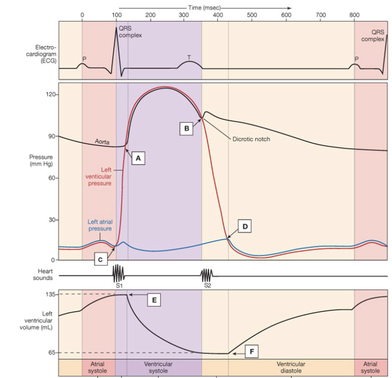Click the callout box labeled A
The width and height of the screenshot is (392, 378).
pyautogui.click(x=138, y=158)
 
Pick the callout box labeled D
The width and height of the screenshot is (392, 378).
pyautogui.click(x=245, y=226)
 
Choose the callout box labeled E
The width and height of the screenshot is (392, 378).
pyautogui.click(x=154, y=300)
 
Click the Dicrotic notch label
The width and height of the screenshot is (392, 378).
pyautogui.click(x=251, y=140)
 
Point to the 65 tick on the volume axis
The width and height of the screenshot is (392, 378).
pyautogui.click(x=51, y=352)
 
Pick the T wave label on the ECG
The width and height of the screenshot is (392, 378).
pyautogui.click(x=189, y=57)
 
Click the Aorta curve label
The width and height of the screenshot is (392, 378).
pyautogui.click(x=103, y=142)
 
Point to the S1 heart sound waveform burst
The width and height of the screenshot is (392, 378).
pyautogui.click(x=118, y=274)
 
